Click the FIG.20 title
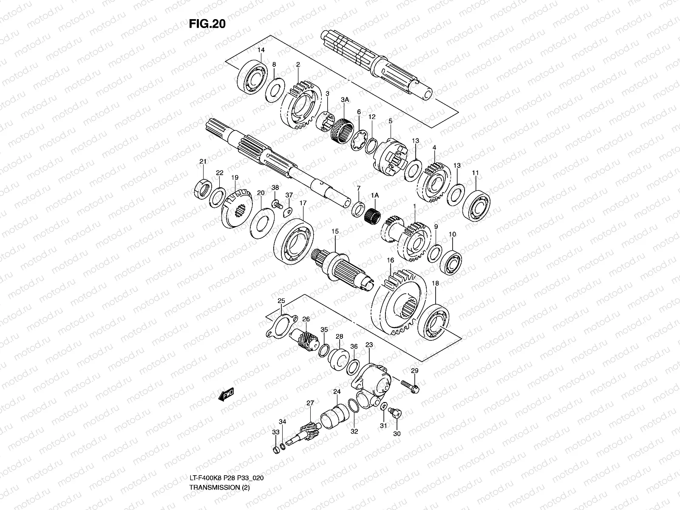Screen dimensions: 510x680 pyautogui.click(x=207, y=24)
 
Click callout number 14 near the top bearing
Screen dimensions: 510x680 pyautogui.click(x=261, y=50)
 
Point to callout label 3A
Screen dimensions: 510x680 pyautogui.click(x=345, y=99)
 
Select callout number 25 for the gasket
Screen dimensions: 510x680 pyautogui.click(x=281, y=301)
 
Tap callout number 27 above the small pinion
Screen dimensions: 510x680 pyautogui.click(x=310, y=403)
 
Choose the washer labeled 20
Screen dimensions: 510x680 pyautogui.click(x=261, y=221)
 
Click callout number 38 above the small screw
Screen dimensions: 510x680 pyautogui.click(x=275, y=187)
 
